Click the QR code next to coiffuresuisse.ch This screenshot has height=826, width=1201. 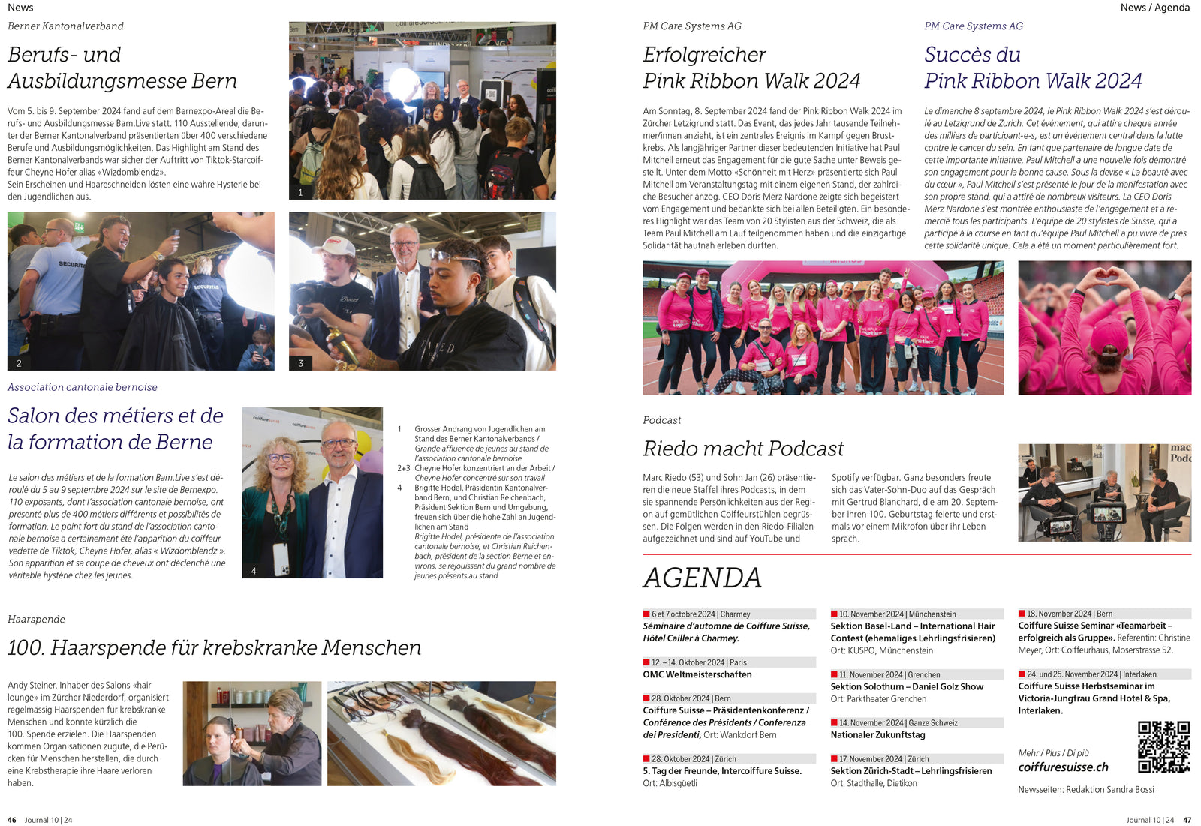click(x=1163, y=746)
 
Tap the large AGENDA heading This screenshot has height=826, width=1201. click(x=702, y=578)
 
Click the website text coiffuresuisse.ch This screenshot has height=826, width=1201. click(x=1063, y=767)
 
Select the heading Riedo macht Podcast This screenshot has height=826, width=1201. click(x=743, y=449)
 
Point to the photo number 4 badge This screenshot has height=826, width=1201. click(x=254, y=571)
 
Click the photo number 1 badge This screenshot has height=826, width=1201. click(x=300, y=192)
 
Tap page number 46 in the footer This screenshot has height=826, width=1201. click(x=11, y=820)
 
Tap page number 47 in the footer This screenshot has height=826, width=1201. click(x=1187, y=820)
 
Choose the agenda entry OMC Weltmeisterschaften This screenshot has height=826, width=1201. click(x=697, y=674)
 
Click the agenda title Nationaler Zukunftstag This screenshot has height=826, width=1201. click(x=877, y=735)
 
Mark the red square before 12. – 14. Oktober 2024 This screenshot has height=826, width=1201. click(x=646, y=662)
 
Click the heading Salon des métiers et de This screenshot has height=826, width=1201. click(x=116, y=416)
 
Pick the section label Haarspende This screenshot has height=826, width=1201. click(x=36, y=619)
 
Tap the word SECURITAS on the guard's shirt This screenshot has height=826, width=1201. click(x=71, y=264)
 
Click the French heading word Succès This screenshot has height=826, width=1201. click(x=972, y=55)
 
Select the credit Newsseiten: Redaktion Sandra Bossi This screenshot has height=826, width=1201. click(x=1085, y=789)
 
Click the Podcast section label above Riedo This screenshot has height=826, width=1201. click(x=661, y=420)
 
